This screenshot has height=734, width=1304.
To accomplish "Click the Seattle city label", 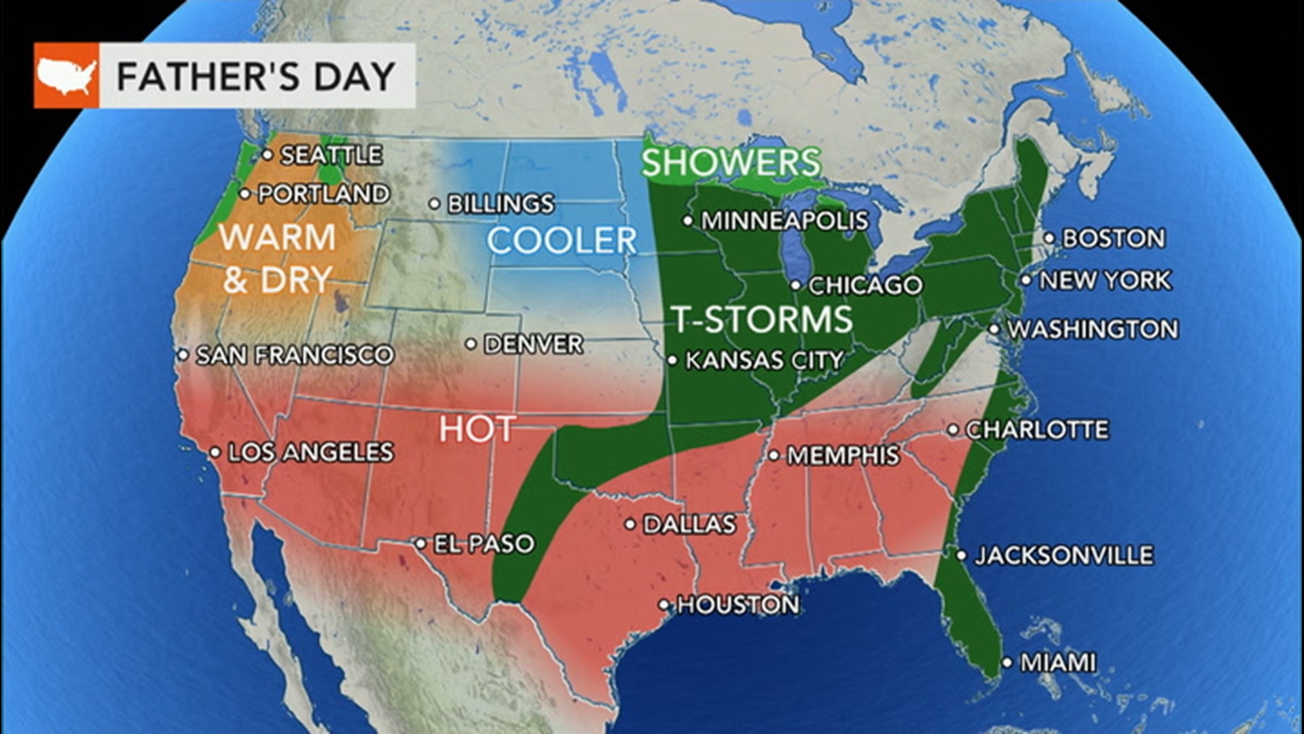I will click(331, 155).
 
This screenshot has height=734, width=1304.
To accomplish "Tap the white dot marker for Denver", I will click(471, 345).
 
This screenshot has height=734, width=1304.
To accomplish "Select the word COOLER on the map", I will click(562, 241).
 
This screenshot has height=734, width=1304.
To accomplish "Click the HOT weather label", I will click(477, 430).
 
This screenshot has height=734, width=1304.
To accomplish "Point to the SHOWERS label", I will click(731, 163).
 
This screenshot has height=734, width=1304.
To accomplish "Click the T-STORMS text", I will click(762, 319).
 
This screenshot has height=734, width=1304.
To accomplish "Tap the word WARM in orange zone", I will click(278, 238).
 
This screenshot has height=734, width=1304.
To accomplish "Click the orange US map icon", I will click(67, 75).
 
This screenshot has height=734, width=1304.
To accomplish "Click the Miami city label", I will click(1058, 663).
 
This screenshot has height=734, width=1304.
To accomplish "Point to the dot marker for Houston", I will click(665, 604).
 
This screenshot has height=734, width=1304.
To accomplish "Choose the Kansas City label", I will click(764, 360).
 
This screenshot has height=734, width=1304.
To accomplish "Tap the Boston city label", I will click(1113, 239).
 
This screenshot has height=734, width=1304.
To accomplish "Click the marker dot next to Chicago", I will click(795, 285).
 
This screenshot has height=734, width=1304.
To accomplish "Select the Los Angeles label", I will click(310, 453).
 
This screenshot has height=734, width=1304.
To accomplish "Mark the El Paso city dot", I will click(420, 543).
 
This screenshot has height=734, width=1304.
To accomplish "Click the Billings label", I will click(501, 204).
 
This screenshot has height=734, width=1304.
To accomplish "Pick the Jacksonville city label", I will click(1064, 556).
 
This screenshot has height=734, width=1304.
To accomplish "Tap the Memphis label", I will click(843, 455).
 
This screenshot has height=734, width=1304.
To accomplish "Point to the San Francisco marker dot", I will click(183, 355).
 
